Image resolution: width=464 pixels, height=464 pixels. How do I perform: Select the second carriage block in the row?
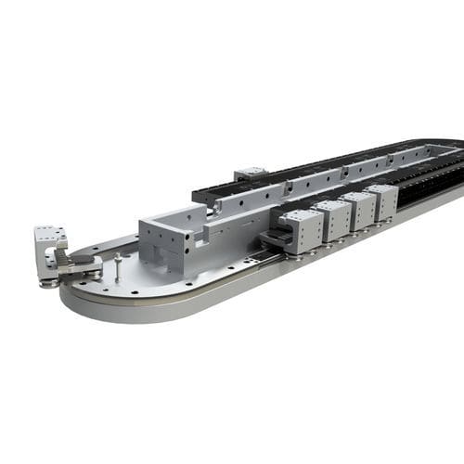[x=331, y=219]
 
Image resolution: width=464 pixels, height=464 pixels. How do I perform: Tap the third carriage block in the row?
[x=358, y=210]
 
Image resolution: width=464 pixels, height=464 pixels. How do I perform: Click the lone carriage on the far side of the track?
[x=251, y=173]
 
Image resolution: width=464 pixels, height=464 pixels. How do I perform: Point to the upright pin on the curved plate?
[x=118, y=265]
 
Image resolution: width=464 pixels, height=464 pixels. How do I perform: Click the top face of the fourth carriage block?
[x=380, y=190]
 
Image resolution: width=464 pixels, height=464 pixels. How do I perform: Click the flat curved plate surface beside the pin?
[x=139, y=278]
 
